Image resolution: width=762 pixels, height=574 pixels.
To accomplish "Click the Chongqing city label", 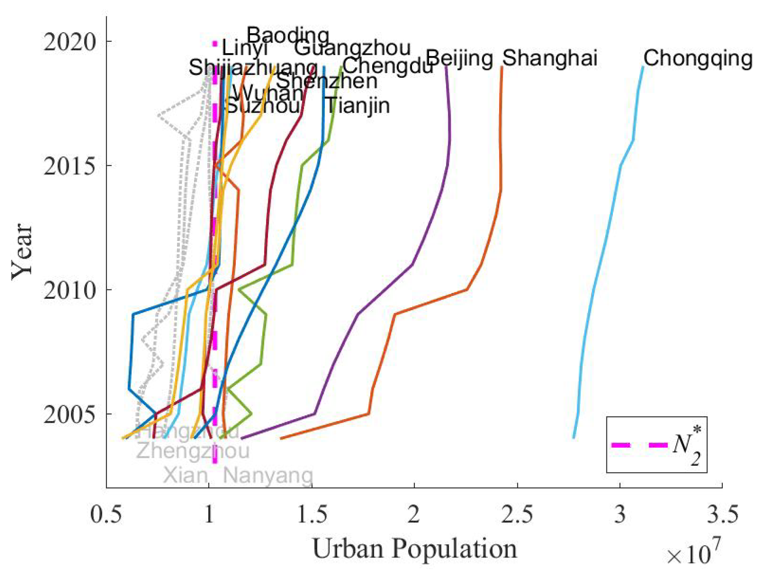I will click(698, 59).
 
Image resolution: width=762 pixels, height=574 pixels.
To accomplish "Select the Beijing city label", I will click(459, 58).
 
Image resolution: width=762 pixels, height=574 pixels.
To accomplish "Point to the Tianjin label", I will click(358, 106).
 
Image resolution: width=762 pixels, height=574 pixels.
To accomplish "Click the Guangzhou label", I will click(352, 49).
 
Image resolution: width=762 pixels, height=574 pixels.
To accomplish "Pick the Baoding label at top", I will click(288, 36).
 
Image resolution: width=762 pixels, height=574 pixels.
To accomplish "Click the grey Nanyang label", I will click(268, 475).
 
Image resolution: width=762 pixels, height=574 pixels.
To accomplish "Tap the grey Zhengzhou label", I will click(193, 451).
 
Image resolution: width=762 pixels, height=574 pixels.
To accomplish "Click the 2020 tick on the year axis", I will click(70, 42).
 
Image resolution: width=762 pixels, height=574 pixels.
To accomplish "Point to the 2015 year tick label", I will click(70, 166).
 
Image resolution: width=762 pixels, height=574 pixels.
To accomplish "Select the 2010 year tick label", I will click(70, 290).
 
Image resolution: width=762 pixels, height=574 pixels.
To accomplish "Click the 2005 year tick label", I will click(70, 414).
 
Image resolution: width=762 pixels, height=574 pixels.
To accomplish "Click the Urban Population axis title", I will click(414, 549).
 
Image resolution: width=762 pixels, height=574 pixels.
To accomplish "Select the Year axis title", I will click(22, 251).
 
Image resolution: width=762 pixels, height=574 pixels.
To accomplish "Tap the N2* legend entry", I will click(656, 445).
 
